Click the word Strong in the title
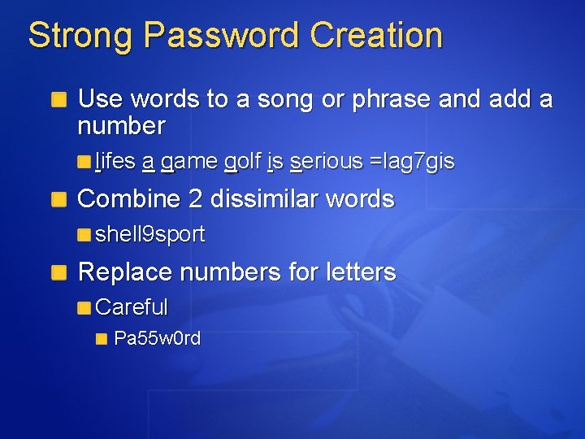click(80, 36)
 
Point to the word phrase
click(390, 99)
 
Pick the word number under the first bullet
click(121, 126)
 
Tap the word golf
click(243, 163)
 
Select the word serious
click(326, 163)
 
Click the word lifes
click(115, 163)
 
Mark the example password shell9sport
click(150, 235)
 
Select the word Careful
click(132, 307)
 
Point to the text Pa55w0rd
click(157, 338)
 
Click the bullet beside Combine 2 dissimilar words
click(59, 200)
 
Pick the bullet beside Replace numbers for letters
click(59, 272)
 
